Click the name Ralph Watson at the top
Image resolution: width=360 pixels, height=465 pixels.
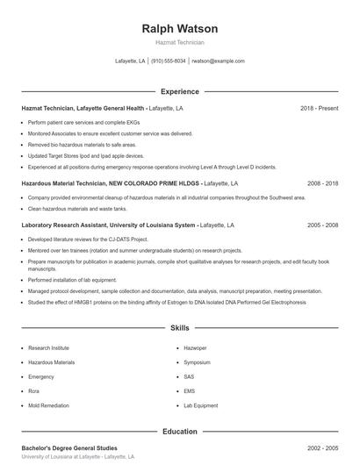point(179,29)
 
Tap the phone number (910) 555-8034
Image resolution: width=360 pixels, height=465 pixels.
point(169,61)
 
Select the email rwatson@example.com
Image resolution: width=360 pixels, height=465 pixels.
point(218,61)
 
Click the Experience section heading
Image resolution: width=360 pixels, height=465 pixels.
point(179,91)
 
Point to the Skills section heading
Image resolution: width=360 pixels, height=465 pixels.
point(179,328)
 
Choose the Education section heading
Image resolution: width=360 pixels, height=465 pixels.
point(179,432)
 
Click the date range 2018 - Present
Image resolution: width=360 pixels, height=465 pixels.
point(319,108)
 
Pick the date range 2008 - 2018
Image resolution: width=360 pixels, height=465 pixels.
point(322,183)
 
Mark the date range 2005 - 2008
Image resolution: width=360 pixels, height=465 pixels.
point(322,225)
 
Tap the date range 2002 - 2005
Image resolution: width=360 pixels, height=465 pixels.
point(322,448)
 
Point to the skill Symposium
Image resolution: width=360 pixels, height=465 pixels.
point(198,362)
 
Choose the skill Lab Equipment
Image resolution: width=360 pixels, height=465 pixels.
point(200,405)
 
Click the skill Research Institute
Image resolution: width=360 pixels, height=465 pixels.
point(49,348)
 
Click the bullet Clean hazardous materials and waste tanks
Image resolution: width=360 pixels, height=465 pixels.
point(77,209)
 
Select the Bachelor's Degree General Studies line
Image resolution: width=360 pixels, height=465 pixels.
point(69,448)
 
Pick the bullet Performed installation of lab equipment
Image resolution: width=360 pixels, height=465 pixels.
point(77,281)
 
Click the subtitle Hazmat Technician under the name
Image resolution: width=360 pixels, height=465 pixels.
point(179,42)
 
